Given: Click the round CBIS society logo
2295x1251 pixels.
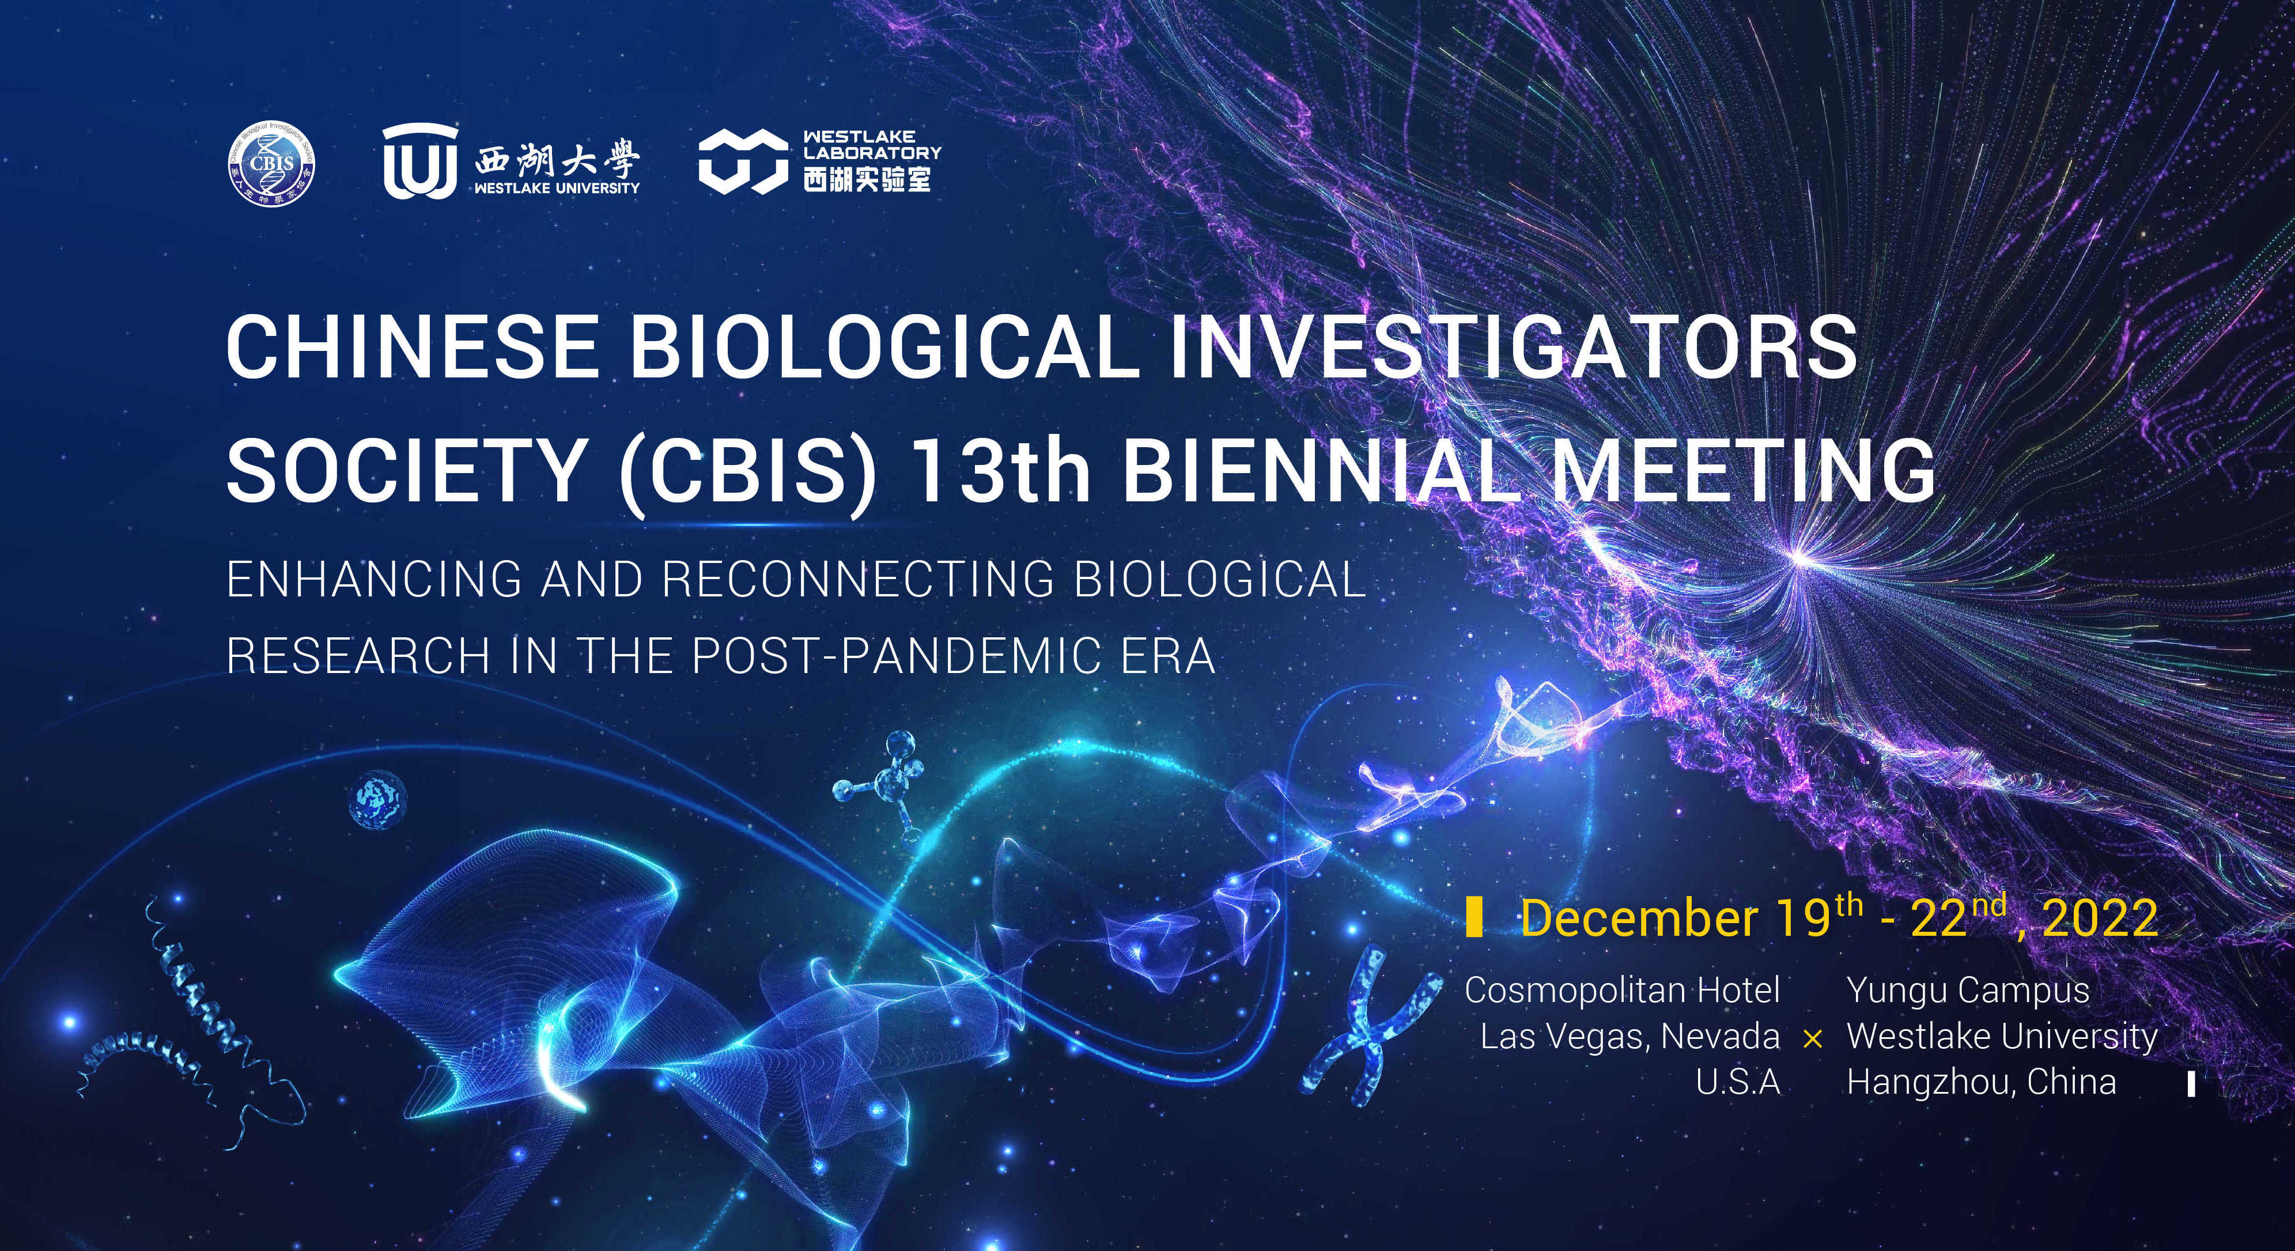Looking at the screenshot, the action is coord(272,162).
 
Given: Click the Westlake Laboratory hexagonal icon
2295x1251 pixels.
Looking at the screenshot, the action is coord(744,161).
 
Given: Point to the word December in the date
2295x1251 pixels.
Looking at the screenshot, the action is coord(1638,918).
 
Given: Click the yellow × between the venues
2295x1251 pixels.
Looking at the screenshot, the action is coord(1812,1039).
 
